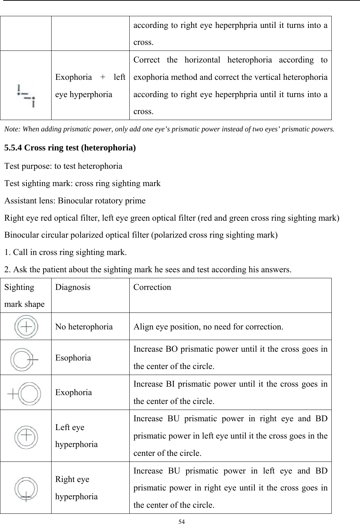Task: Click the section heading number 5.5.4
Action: (x=14, y=148)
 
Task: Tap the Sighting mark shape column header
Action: (x=25, y=295)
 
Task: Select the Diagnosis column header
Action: (x=72, y=287)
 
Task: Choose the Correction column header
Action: (x=152, y=287)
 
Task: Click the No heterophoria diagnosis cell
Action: (x=84, y=327)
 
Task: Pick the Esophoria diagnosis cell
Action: (x=73, y=358)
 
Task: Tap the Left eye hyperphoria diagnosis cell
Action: (x=76, y=436)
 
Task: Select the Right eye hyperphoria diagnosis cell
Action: (x=76, y=488)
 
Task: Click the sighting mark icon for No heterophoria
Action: (x=26, y=327)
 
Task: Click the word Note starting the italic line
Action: (x=12, y=129)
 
